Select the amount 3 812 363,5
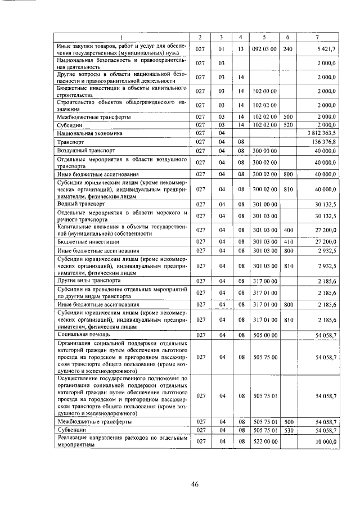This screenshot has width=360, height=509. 322,133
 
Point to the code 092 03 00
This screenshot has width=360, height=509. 264,49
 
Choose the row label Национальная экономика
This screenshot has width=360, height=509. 89,133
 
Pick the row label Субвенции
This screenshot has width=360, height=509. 71,430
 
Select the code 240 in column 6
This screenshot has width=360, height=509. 288,49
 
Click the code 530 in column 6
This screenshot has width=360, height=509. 289,430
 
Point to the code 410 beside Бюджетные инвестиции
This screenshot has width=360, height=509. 289,241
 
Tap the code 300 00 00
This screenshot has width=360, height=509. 264,151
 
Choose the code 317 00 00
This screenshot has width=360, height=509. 264,280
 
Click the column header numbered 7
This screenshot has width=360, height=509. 318,37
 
